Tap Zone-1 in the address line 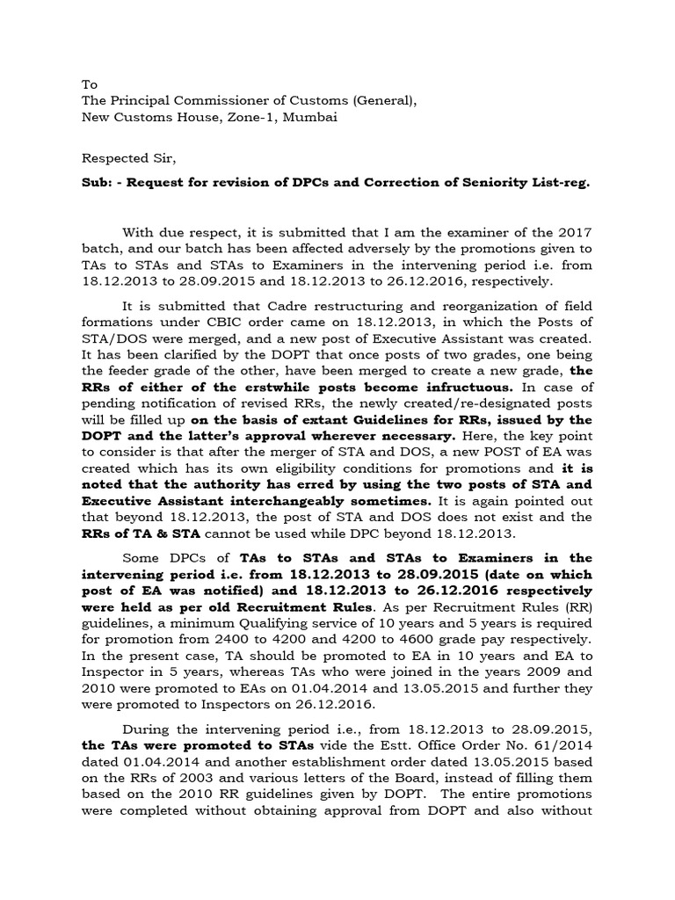point(229,117)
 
